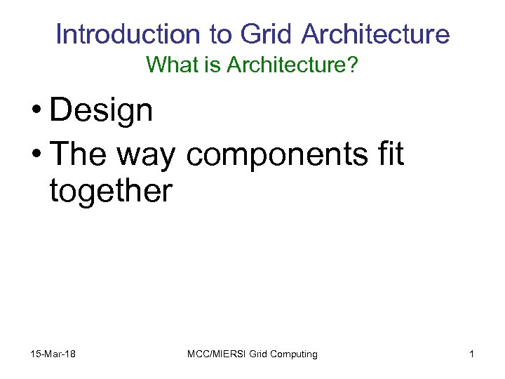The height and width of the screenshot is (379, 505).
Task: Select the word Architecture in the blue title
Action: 377,34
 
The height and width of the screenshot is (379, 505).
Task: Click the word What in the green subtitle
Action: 166,66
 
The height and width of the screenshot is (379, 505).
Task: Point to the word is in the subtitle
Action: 194,66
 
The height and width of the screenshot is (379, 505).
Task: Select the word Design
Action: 101,111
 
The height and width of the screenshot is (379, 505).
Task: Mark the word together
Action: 110,190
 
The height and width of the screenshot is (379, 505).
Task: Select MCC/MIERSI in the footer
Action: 215,354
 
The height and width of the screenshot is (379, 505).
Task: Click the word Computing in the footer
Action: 294,354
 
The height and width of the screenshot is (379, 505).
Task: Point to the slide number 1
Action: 471,354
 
